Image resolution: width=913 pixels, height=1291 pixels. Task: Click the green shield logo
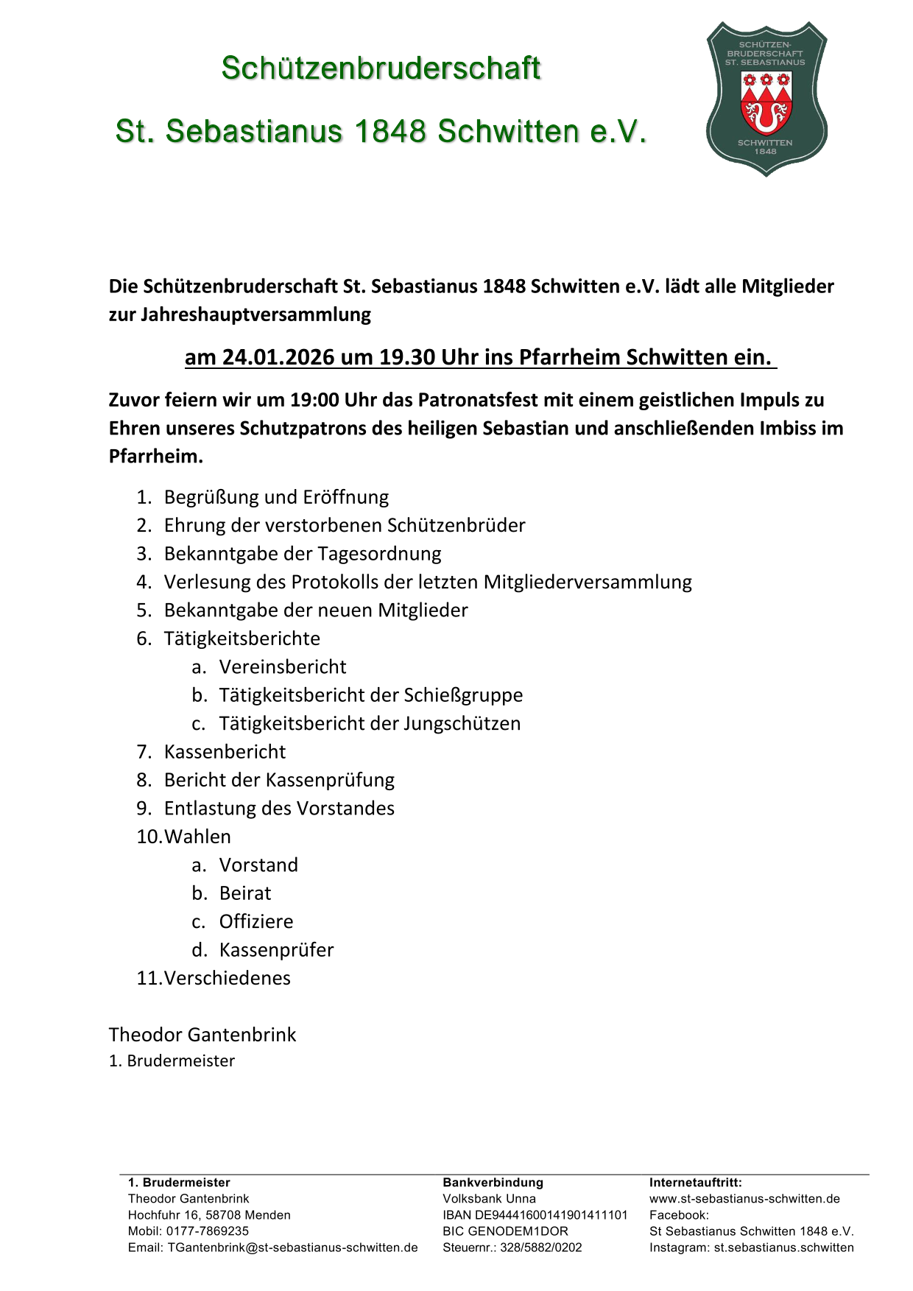(x=766, y=99)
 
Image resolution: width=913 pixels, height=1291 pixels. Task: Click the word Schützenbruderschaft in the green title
(x=381, y=68)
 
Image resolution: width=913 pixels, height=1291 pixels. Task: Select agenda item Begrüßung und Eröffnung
(x=276, y=497)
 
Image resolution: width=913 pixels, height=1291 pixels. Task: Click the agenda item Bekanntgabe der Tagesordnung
(x=303, y=554)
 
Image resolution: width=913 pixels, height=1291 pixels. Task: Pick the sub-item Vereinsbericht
(x=283, y=667)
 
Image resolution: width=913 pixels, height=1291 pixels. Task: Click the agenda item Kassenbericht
(x=225, y=752)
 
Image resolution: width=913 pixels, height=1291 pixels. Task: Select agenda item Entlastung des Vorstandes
(x=279, y=809)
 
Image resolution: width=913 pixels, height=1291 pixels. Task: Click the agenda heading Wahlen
(x=197, y=837)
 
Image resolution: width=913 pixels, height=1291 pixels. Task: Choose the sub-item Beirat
(x=245, y=893)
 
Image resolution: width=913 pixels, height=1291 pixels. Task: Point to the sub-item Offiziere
(x=256, y=922)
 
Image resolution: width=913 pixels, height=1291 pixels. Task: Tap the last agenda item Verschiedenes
(x=227, y=978)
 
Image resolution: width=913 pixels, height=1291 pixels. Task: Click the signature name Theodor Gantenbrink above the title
(x=202, y=1035)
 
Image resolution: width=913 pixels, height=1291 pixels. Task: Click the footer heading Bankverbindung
(x=493, y=1183)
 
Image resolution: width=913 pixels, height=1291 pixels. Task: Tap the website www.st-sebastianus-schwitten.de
(x=744, y=1199)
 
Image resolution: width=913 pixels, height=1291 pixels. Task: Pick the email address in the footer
(x=292, y=1248)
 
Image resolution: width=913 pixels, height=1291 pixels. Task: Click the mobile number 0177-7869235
(x=208, y=1231)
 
